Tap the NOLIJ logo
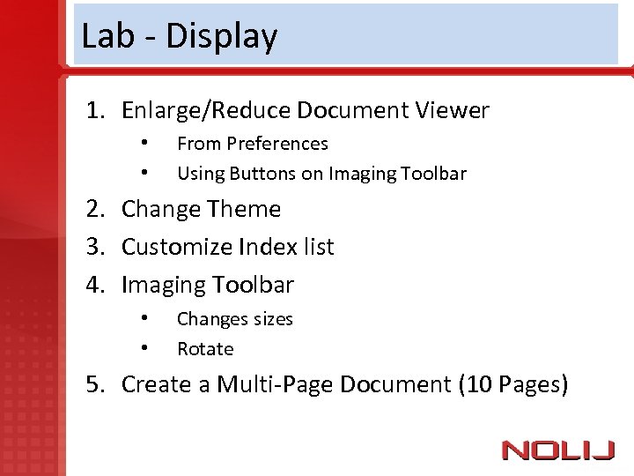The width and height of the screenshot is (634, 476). pyautogui.click(x=558, y=451)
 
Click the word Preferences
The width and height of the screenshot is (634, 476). pyautogui.click(x=276, y=144)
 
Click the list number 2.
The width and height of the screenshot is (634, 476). pyautogui.click(x=93, y=210)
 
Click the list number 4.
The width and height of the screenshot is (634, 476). pyautogui.click(x=93, y=286)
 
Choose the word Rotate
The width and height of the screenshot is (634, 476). pyautogui.click(x=205, y=349)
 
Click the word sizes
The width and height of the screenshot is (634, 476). pyautogui.click(x=269, y=319)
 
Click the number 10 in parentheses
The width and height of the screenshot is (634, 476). pyautogui.click(x=479, y=385)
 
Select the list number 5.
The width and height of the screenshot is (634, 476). pyautogui.click(x=93, y=385)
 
